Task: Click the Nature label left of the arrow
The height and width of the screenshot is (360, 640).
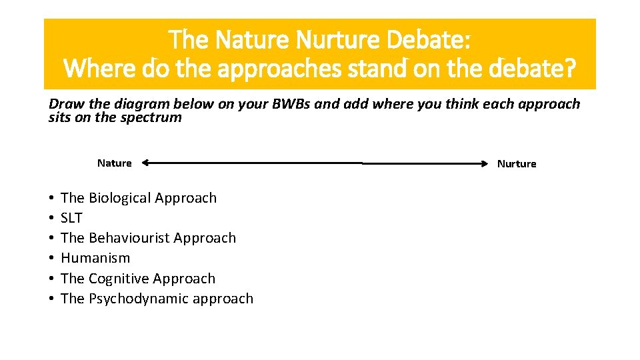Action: click(114, 163)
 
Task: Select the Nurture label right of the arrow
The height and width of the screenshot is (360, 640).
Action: click(516, 164)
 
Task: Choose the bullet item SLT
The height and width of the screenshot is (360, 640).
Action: click(71, 218)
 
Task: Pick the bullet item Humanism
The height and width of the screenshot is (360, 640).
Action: click(95, 258)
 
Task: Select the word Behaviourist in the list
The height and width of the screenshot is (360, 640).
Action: click(129, 238)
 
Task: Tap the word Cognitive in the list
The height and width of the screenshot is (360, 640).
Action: click(119, 279)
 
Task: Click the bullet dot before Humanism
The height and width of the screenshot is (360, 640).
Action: click(51, 259)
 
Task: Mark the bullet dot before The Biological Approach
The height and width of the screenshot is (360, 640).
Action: click(51, 199)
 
